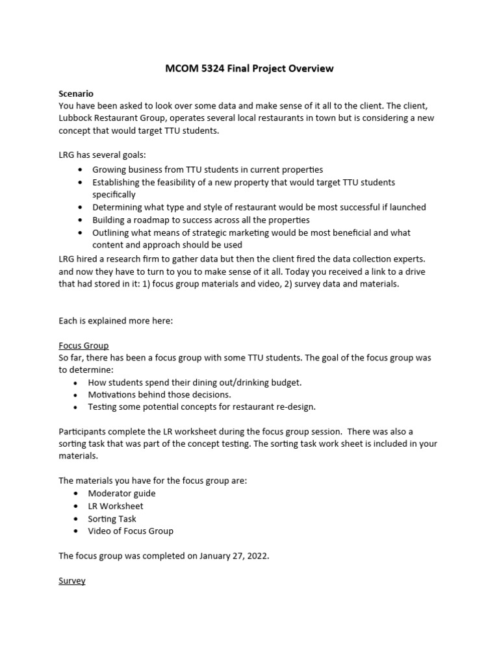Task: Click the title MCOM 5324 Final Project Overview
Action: pos(249,68)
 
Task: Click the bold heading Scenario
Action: pos(76,94)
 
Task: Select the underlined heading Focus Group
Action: pos(84,345)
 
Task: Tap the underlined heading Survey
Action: pos(72,581)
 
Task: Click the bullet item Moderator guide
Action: pos(122,494)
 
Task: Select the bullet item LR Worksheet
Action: pos(116,506)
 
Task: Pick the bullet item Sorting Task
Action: pos(112,519)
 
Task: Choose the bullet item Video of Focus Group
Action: pos(131,531)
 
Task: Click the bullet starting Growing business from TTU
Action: pos(207,169)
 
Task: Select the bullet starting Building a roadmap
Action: pos(201,220)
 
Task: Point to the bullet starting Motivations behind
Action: pos(159,395)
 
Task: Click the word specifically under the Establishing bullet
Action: pos(114,195)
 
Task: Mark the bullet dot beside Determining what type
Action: pos(79,208)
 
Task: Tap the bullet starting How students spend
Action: pos(195,383)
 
